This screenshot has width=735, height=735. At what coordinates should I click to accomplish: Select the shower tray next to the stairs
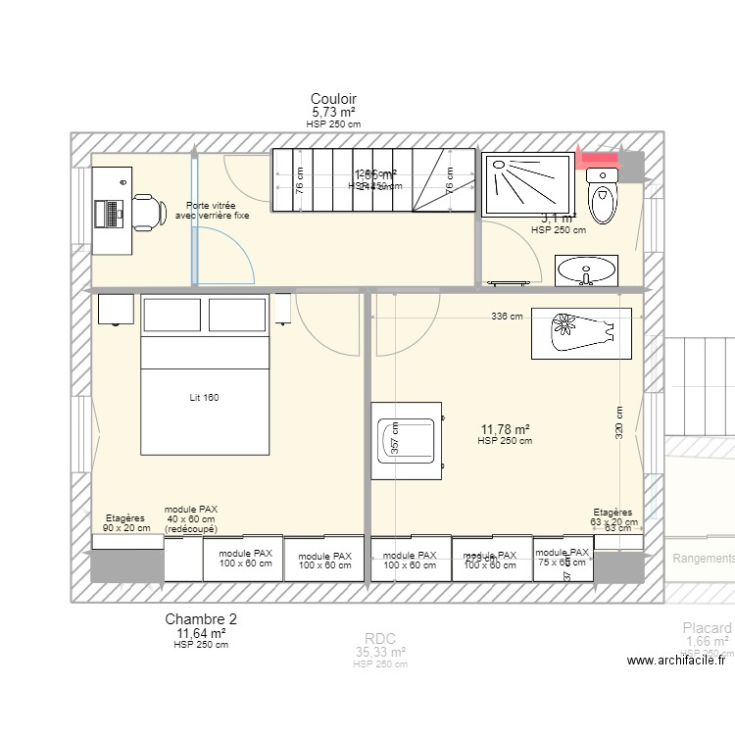526,183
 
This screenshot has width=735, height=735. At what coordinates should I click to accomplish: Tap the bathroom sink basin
588,269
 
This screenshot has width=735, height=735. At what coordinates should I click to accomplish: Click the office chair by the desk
146,210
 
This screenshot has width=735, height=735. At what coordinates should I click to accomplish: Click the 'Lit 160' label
204,398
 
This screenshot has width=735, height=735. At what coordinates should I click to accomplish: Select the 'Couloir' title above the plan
333,99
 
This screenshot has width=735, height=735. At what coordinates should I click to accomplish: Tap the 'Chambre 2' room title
201,619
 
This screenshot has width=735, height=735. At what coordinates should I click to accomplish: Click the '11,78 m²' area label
505,429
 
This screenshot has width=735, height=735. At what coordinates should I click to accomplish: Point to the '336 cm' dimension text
507,317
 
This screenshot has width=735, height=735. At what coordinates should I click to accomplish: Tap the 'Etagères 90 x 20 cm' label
126,522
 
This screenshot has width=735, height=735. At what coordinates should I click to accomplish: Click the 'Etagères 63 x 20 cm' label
613,516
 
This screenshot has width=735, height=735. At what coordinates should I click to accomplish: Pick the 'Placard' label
707,628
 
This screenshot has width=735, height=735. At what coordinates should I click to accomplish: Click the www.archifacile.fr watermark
676,661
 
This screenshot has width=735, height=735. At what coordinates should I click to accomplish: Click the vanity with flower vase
582,332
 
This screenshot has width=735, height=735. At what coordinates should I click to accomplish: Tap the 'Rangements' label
704,559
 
